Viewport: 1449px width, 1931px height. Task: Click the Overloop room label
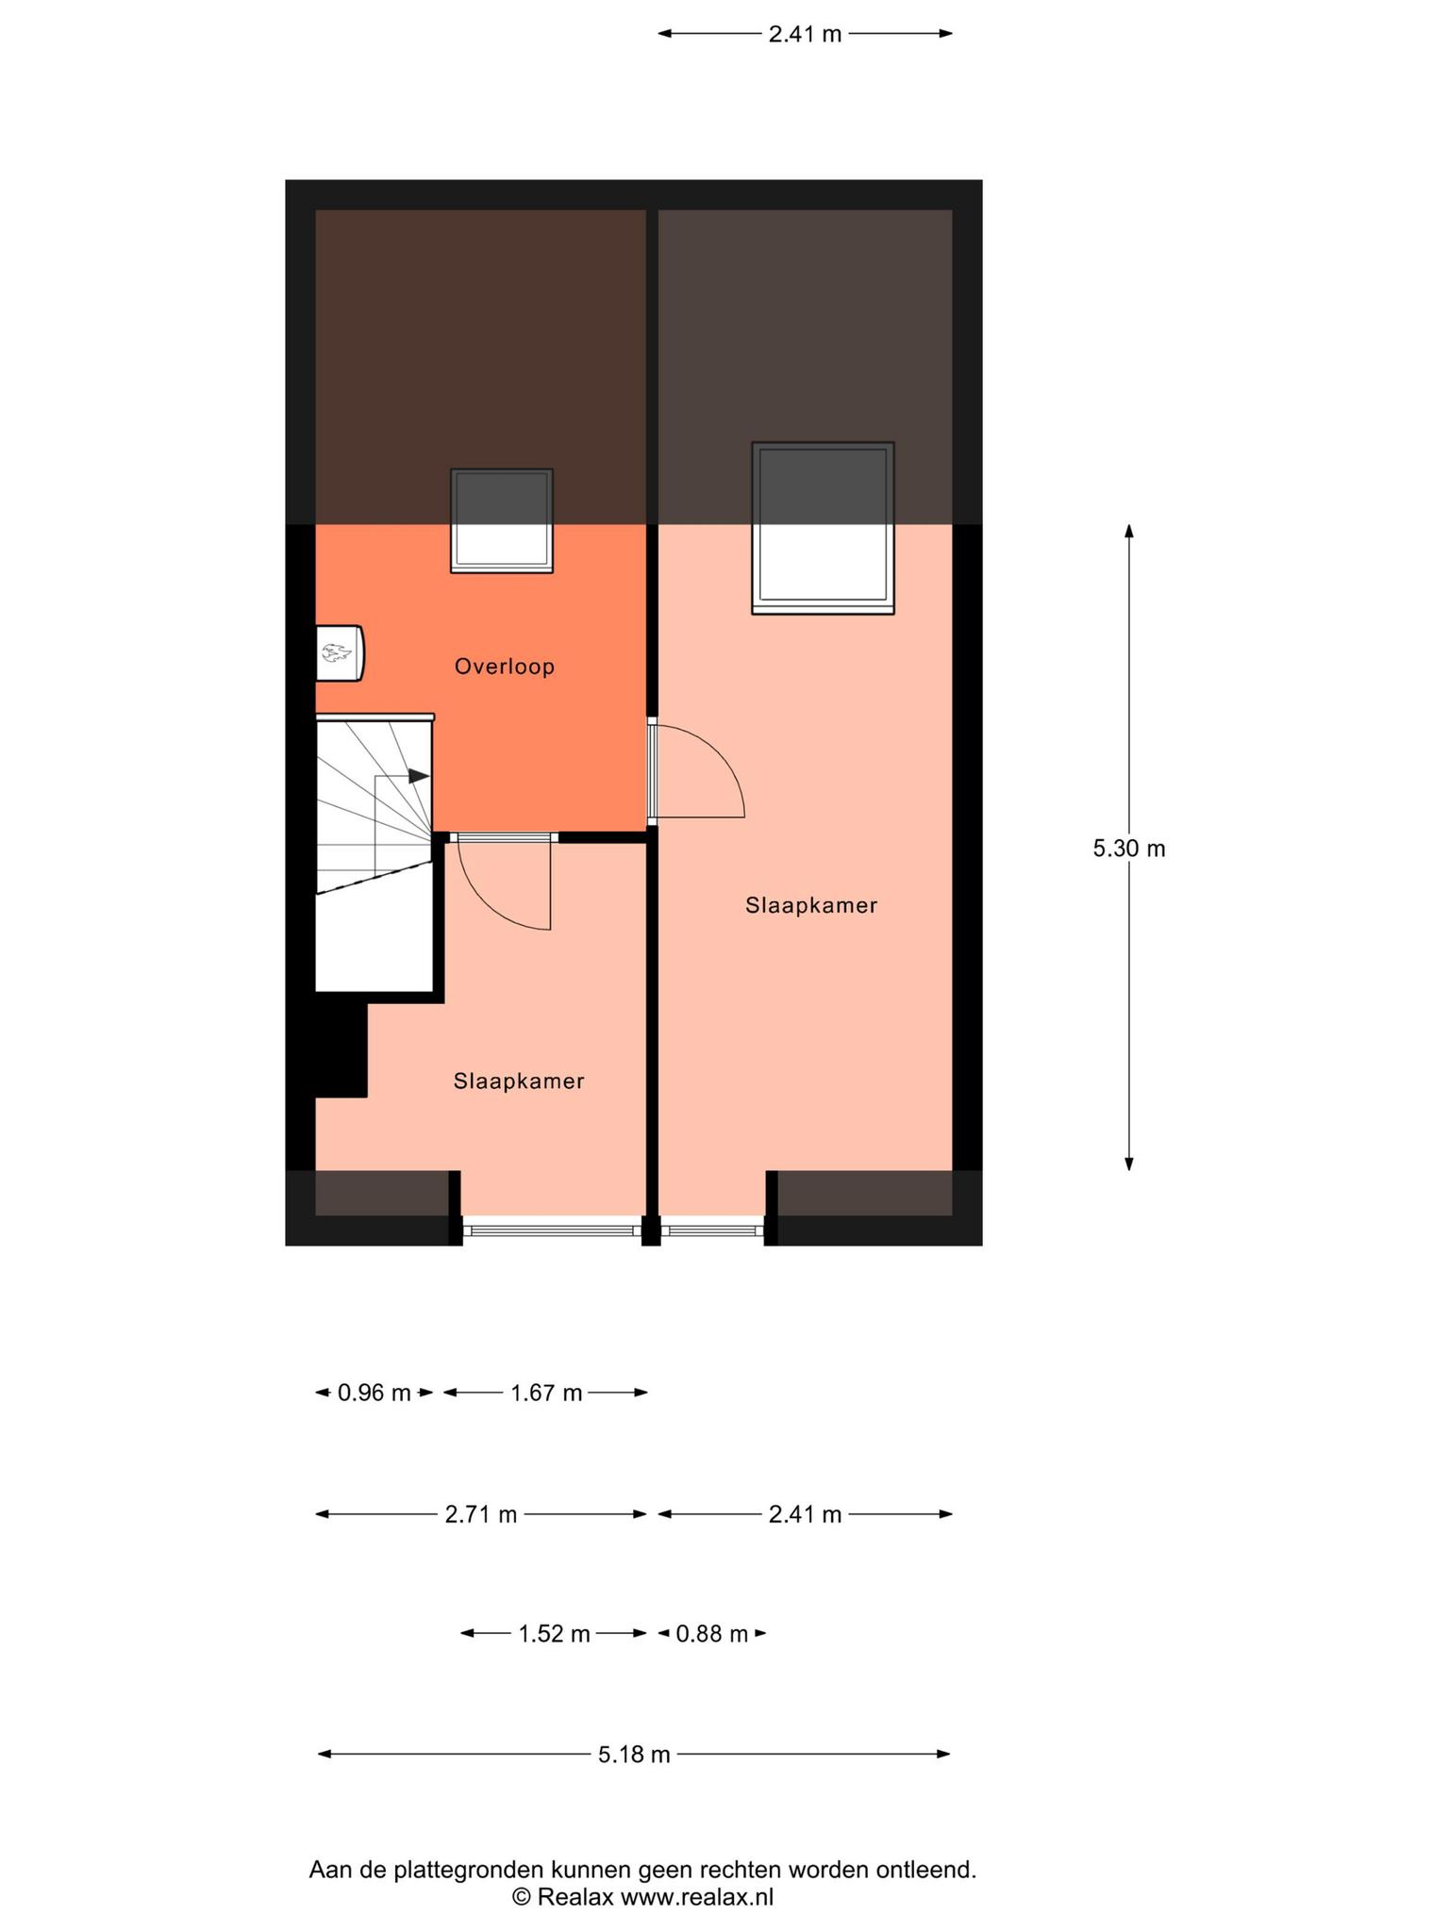click(x=505, y=667)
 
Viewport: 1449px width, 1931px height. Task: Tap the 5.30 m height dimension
click(x=1129, y=848)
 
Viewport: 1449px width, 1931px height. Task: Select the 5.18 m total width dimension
click(x=634, y=1754)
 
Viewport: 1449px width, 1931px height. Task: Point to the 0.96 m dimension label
click(x=375, y=1392)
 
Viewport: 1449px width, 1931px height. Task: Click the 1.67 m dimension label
click(x=546, y=1392)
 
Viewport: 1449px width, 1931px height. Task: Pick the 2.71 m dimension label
click(x=481, y=1514)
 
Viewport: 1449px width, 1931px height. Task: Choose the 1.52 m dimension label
click(x=554, y=1633)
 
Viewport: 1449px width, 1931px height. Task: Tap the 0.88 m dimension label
click(x=712, y=1633)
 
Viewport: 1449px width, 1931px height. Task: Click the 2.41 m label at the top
click(x=805, y=34)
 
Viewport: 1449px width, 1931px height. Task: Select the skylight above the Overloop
click(x=502, y=520)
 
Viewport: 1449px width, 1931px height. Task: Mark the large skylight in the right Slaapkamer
click(x=823, y=528)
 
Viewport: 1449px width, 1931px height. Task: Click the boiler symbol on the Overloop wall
click(x=340, y=652)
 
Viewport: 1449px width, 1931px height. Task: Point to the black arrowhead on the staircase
click(x=419, y=776)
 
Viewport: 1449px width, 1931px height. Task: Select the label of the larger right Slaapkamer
click(x=811, y=905)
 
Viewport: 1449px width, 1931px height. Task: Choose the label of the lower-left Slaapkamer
click(x=519, y=1081)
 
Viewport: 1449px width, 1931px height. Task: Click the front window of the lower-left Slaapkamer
click(x=552, y=1230)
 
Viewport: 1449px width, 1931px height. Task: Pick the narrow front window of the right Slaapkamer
click(x=712, y=1230)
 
